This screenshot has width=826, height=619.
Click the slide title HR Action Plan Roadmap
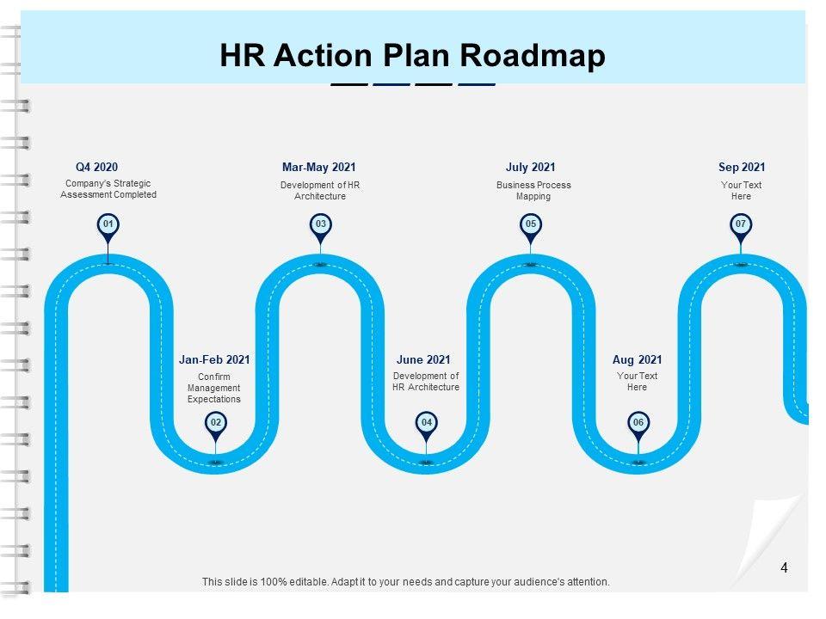click(x=412, y=56)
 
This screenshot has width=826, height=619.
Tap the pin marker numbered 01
click(x=108, y=225)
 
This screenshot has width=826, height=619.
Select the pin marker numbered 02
click(x=216, y=422)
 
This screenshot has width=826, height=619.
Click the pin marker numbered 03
click(x=320, y=225)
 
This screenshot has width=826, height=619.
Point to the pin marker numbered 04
click(x=426, y=422)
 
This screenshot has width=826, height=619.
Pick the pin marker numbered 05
click(x=531, y=225)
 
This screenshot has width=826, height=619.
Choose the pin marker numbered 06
click(x=638, y=422)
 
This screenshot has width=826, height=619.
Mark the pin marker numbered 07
click(x=741, y=225)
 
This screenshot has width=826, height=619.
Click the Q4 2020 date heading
click(x=97, y=168)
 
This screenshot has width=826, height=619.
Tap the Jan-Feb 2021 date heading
click(x=214, y=360)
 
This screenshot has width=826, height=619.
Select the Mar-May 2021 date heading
click(x=318, y=168)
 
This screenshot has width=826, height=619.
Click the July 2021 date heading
click(x=531, y=168)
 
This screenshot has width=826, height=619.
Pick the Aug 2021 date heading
click(x=638, y=360)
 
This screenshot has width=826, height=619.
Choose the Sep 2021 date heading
click(x=742, y=168)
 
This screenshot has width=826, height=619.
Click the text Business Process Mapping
click(x=533, y=191)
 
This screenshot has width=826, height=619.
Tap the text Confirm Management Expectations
click(x=214, y=389)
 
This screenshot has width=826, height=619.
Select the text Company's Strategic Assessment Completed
click(x=108, y=189)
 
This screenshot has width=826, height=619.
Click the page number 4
click(x=784, y=567)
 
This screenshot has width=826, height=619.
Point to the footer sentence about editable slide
click(x=406, y=582)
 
